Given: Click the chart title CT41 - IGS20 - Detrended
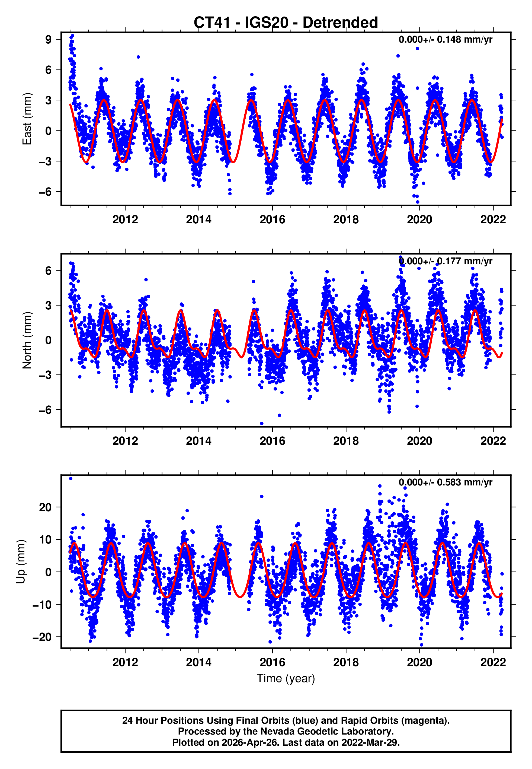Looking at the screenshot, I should tap(286, 23).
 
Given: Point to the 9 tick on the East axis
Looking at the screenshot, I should tap(49, 40).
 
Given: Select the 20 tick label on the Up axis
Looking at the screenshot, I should tap(45, 507).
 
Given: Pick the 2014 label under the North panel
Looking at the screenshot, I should tap(199, 441).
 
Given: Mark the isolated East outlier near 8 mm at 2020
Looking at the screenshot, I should tap(417, 49).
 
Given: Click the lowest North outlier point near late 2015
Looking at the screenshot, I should tap(262, 424).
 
